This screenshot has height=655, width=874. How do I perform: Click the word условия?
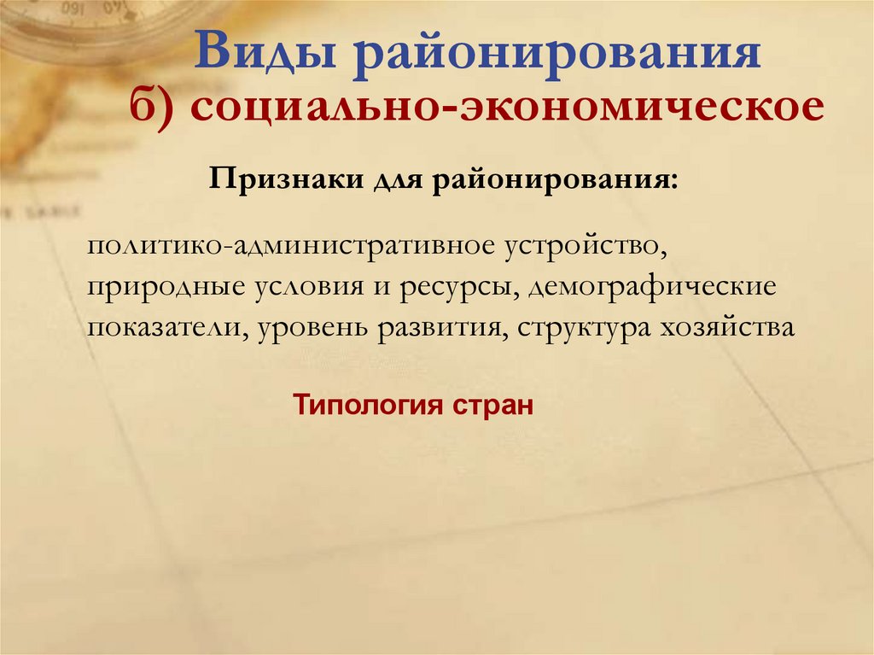[x=312, y=286]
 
